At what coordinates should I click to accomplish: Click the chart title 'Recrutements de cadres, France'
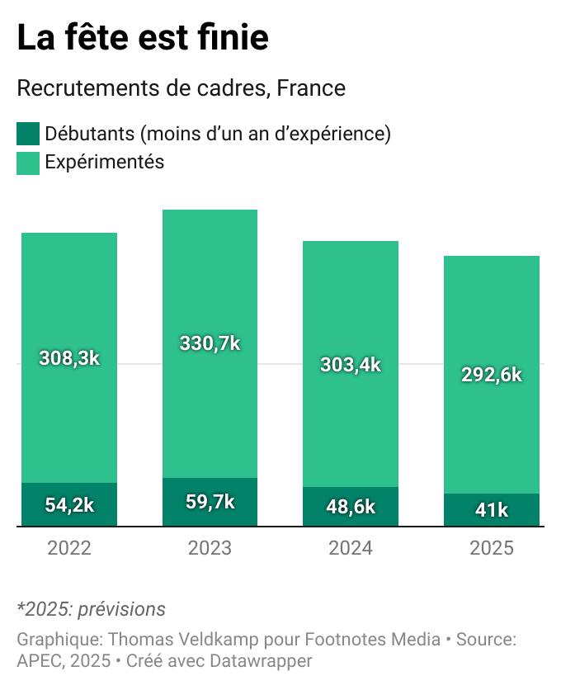(181, 88)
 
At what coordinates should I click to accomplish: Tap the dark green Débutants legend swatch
(28, 134)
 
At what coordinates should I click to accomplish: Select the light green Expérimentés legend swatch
(28, 163)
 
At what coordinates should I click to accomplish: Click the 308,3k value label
(69, 358)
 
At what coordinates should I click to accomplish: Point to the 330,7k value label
(210, 343)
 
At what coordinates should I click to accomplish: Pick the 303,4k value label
(351, 364)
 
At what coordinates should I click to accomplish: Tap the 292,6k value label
(492, 374)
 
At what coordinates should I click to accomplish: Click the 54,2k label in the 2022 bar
(69, 506)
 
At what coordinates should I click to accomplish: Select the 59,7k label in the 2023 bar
(210, 502)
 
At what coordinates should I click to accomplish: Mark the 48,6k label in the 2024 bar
(351, 507)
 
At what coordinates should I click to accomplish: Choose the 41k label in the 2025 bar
(492, 510)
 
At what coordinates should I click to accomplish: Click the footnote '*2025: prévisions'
(92, 610)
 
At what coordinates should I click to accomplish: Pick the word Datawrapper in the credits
(261, 661)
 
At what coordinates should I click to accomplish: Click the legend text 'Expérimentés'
(105, 163)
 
